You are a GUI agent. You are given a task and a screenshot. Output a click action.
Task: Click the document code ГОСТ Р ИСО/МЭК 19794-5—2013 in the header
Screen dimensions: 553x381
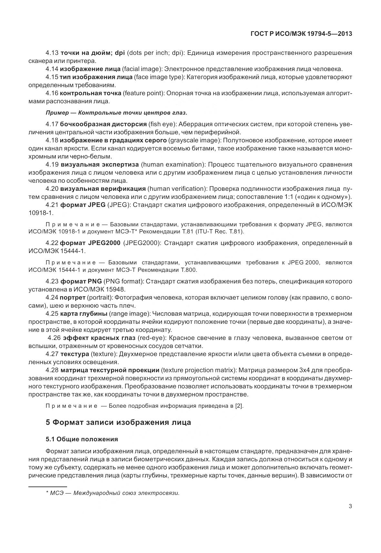click(x=301, y=34)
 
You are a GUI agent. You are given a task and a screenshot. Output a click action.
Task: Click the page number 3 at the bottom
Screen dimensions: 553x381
click(x=350, y=506)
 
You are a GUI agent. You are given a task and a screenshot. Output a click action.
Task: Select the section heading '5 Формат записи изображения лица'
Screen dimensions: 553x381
click(x=118, y=422)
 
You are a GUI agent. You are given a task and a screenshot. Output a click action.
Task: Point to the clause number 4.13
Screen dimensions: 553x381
click(x=52, y=53)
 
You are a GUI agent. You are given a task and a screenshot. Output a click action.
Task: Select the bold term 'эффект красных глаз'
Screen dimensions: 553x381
click(x=99, y=338)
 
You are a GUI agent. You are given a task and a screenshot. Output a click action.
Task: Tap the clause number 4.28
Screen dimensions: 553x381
click(x=52, y=370)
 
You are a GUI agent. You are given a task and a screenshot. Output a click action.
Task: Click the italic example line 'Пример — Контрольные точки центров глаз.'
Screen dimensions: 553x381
click(x=116, y=113)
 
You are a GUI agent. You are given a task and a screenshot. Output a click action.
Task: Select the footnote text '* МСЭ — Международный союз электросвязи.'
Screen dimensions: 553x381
click(x=113, y=493)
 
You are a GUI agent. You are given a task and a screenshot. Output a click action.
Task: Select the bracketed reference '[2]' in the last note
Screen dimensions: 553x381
click(x=239, y=406)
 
